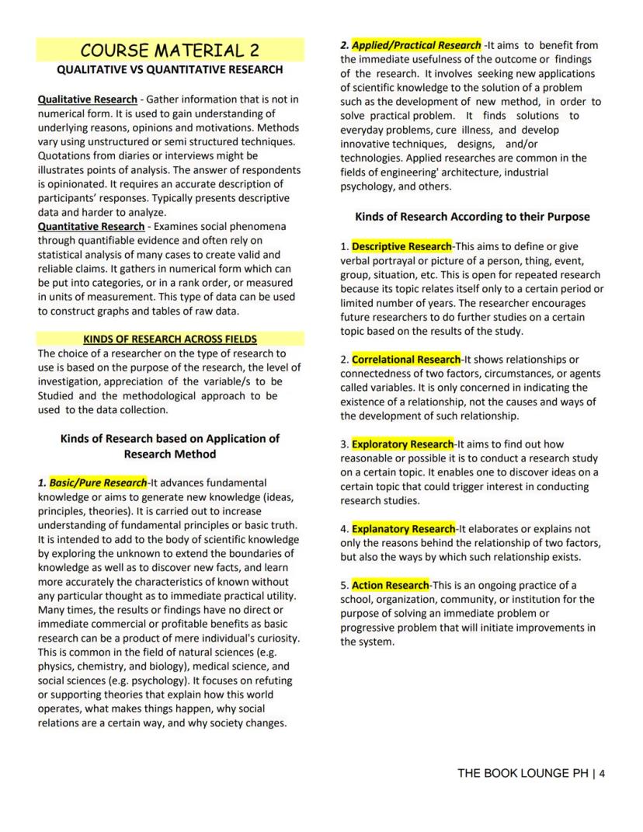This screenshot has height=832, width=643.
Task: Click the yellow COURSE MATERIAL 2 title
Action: pos(169,50)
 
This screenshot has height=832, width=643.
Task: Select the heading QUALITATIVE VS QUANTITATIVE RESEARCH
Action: pos(169,70)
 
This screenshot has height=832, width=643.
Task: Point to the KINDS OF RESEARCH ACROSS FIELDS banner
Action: pos(169,339)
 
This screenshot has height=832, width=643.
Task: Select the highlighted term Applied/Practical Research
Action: pos(416,45)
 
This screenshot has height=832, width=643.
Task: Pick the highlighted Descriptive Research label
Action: pos(401,246)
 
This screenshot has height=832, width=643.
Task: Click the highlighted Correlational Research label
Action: pos(406,359)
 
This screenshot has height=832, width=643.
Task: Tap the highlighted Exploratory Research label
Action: pos(402,444)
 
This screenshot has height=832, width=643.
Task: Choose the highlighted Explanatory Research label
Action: pos(403,528)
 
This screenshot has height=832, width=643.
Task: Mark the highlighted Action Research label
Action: pos(390,585)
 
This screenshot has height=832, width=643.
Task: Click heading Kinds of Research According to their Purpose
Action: pos(472,217)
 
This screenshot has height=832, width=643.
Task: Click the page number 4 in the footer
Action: pos(602,773)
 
